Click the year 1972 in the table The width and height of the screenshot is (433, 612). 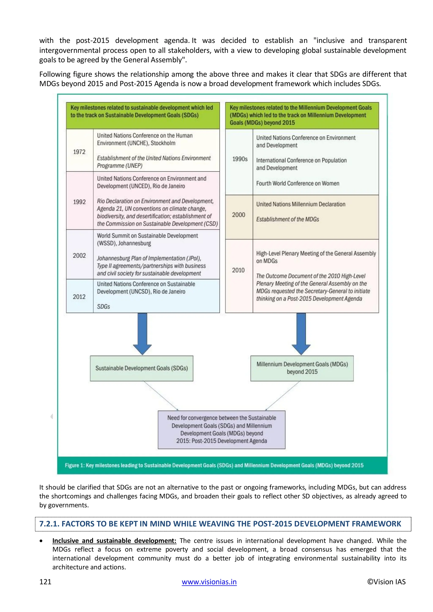[79, 152]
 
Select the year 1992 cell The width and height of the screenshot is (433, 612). [79, 202]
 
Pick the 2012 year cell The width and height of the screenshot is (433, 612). [79, 297]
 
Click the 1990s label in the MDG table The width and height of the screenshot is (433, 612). [240, 159]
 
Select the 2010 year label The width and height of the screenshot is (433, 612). [238, 270]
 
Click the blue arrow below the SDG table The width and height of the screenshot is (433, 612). [142, 333]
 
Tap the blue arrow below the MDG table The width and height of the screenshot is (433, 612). [301, 333]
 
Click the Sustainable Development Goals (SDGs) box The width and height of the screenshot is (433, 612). [142, 368]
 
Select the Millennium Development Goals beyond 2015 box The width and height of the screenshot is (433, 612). [302, 368]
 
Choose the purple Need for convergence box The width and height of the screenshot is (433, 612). [221, 429]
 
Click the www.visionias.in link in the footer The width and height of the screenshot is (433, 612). [209, 582]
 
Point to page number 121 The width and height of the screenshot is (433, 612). [45, 582]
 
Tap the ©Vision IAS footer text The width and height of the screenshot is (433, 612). [386, 582]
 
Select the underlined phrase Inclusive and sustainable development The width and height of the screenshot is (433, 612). [114, 541]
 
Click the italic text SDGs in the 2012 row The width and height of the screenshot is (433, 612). [103, 307]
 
